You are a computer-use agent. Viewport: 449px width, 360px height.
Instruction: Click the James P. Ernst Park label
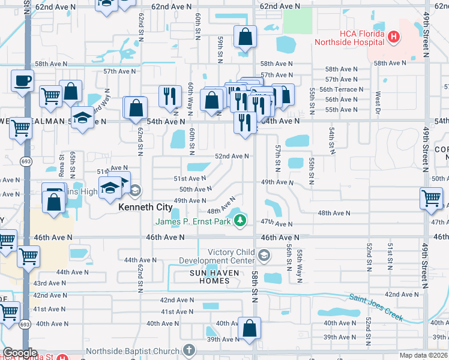tap(194, 221)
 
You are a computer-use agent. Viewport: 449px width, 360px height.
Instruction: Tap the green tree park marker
tap(240, 221)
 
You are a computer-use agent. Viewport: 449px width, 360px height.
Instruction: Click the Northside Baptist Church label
tap(133, 352)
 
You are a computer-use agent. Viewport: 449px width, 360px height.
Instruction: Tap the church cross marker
tap(189, 350)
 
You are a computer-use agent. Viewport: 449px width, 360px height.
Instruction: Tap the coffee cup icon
tap(22, 80)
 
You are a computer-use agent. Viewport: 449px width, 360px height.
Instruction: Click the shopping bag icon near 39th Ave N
tap(249, 328)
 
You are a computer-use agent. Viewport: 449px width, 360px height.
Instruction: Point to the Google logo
tap(20, 352)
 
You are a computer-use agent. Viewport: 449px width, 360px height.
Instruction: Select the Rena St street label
tap(61, 161)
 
